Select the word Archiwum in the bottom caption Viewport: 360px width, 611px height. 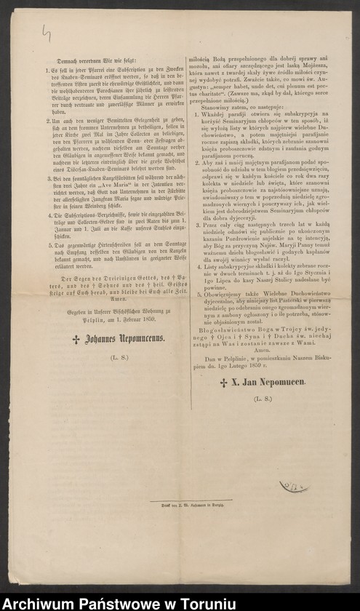[x=39, y=601]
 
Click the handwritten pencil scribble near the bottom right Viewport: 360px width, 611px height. [x=292, y=486]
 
